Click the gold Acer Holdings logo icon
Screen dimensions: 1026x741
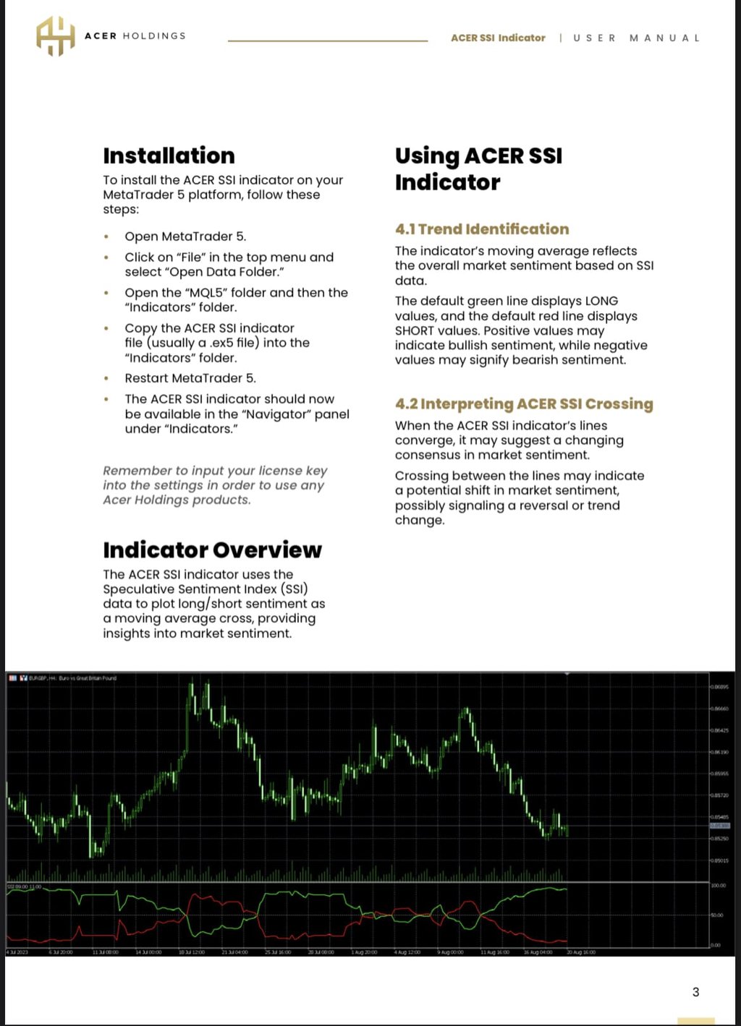click(x=56, y=35)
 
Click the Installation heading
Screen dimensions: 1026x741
click(x=169, y=155)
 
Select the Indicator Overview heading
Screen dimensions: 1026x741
click(x=212, y=550)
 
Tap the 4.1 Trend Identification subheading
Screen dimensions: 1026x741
click(x=482, y=229)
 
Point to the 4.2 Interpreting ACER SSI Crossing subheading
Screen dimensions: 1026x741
click(x=524, y=403)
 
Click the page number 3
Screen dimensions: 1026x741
click(x=695, y=992)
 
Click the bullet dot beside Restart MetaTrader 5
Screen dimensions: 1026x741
click(x=106, y=378)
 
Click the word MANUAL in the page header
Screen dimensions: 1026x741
click(x=664, y=38)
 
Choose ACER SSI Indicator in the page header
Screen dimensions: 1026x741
click(x=498, y=38)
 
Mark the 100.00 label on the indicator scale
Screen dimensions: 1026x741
click(x=719, y=885)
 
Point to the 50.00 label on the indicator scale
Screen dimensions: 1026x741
click(x=718, y=915)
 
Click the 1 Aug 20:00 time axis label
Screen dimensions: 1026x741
click(x=364, y=952)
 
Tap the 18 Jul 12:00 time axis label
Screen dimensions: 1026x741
click(x=192, y=952)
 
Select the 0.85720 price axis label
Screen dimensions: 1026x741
click(x=719, y=795)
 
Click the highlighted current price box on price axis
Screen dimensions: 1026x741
click(x=719, y=825)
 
